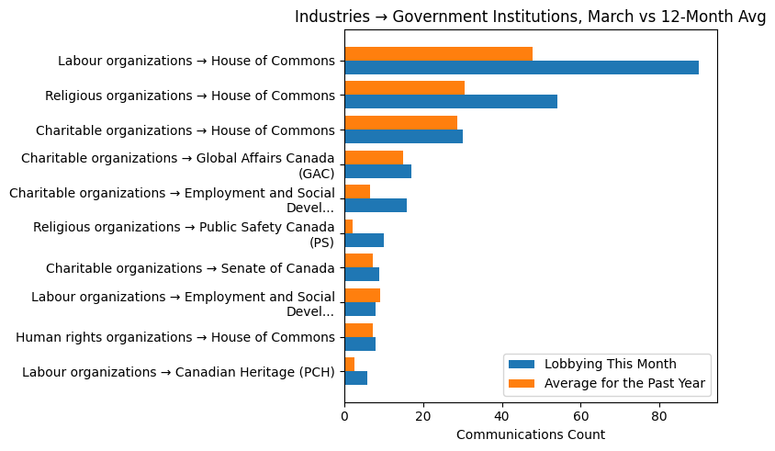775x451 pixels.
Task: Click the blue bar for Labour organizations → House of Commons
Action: point(521,68)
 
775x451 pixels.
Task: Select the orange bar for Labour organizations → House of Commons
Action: point(438,54)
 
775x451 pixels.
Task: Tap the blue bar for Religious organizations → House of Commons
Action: point(450,102)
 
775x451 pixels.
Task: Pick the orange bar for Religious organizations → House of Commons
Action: point(404,88)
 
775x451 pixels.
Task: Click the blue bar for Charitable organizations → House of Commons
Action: point(403,137)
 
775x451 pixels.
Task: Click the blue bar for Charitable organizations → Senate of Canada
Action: point(362,275)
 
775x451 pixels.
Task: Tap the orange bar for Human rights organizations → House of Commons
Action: point(358,330)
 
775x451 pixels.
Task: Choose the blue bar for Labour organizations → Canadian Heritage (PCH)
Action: point(355,378)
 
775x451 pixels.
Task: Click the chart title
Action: point(530,17)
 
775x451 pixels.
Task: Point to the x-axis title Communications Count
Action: point(530,434)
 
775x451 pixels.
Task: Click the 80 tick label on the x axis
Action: point(658,416)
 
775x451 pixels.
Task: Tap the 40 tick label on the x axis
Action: point(501,416)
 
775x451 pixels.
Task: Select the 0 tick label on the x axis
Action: point(344,416)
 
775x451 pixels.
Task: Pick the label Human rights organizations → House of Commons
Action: point(175,337)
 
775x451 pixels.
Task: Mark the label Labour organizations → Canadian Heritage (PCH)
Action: point(178,372)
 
